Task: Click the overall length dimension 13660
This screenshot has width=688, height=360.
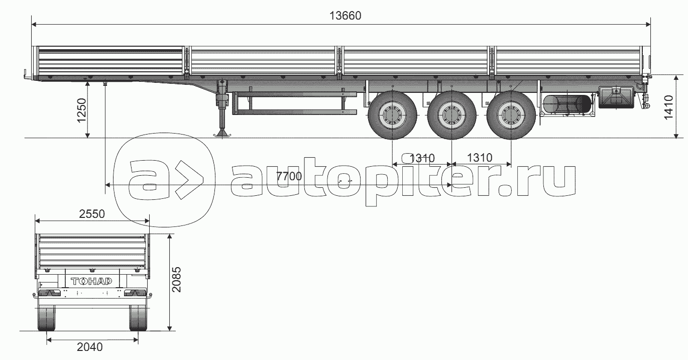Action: coord(345,16)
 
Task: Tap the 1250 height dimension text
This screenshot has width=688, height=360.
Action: coord(82,110)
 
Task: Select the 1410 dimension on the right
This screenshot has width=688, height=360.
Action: coord(668,107)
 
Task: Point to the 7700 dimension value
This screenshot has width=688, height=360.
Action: coord(289,176)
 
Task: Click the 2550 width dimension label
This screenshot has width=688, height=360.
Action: coord(92,214)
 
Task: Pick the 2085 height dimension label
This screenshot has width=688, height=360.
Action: coord(176,280)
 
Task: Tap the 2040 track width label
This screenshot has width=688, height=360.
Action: coord(90,347)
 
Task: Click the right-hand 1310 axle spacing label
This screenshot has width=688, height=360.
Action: coord(480,158)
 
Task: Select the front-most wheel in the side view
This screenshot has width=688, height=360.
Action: coord(392,115)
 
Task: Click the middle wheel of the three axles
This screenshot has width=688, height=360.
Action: coord(451,115)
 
